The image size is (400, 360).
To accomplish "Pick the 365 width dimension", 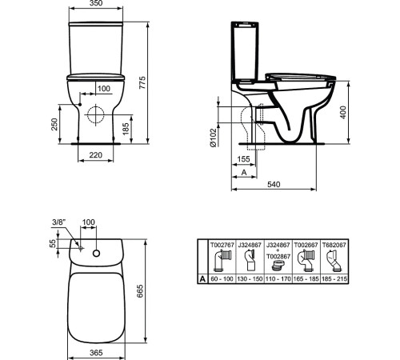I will [95, 351].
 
